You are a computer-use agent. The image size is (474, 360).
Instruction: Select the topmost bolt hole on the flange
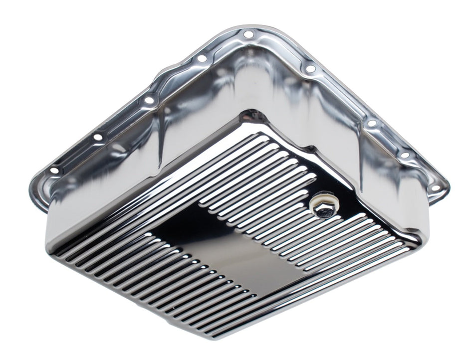248,34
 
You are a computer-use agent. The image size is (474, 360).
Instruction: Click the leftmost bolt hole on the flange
54,171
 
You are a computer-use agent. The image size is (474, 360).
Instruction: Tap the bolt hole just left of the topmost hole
202,58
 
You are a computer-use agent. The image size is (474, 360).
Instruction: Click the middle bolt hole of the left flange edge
149,100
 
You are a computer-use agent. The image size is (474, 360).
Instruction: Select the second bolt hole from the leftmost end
98,136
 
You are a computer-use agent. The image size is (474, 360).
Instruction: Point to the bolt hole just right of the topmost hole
310,69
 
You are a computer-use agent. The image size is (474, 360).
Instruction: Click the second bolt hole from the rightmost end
405,155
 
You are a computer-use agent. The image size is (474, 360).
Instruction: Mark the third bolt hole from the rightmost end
372,123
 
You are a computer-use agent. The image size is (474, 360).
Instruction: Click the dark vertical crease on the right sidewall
357,150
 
